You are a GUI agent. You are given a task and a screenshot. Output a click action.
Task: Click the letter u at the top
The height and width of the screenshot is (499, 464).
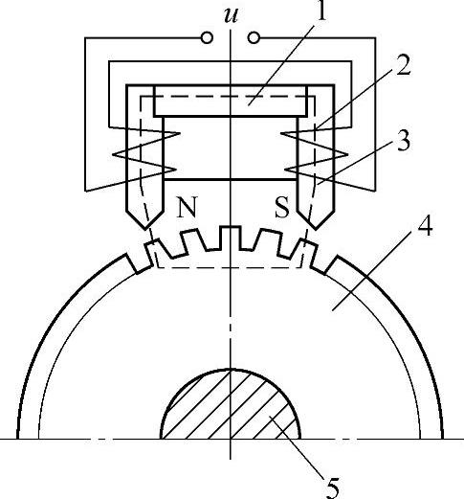pos(231,15)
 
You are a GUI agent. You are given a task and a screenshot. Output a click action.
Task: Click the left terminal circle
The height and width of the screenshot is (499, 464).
pos(207,38)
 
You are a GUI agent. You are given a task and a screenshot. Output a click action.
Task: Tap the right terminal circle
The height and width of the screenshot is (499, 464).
pos(254,38)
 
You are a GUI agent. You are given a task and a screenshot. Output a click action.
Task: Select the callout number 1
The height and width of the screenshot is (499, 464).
pos(322,11)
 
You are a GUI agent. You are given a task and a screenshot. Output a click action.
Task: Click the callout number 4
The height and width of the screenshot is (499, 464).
pos(424,225)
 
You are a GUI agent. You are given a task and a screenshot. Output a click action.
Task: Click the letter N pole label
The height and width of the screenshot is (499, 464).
pos(187,207)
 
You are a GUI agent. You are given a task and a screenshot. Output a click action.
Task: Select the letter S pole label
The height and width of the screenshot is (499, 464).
pos(282,207)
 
